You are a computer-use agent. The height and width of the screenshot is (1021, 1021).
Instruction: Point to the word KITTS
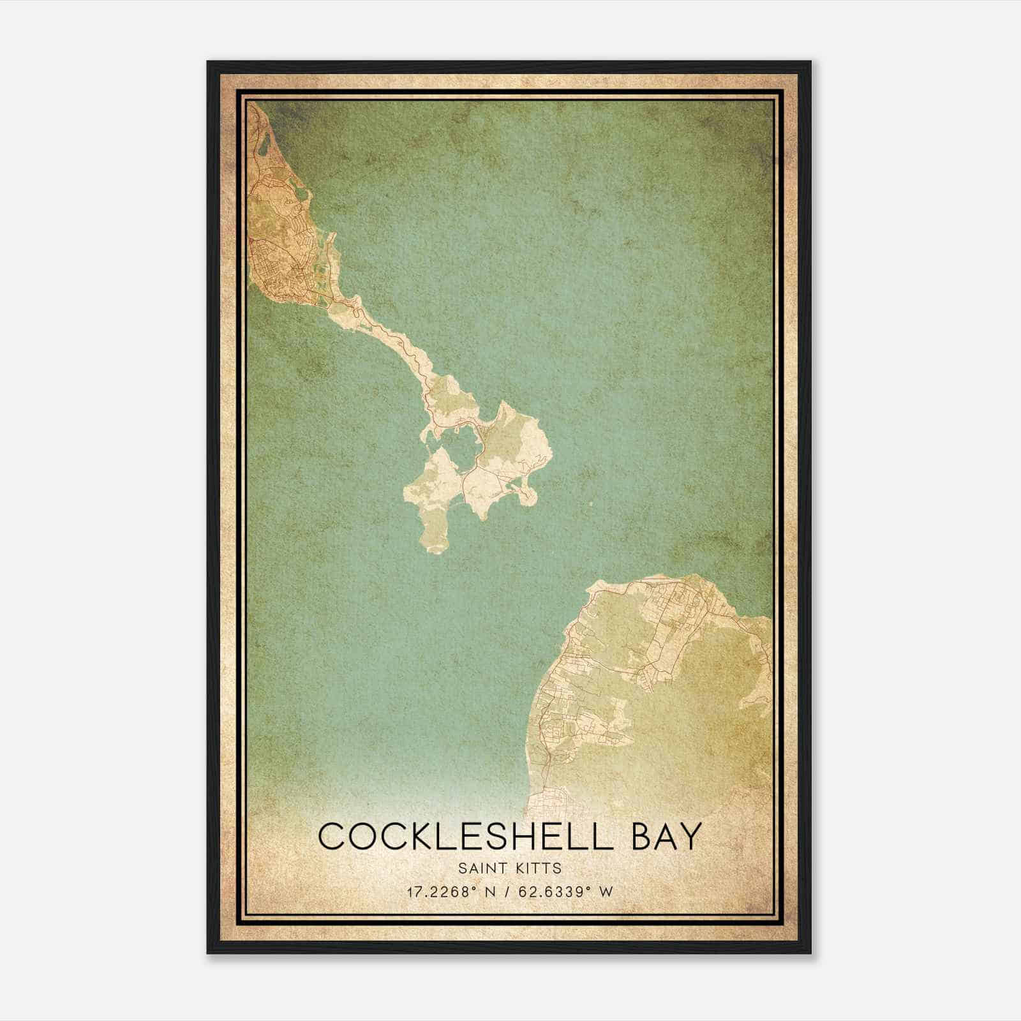point(540,868)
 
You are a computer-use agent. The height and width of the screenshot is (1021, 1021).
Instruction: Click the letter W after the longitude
point(606,891)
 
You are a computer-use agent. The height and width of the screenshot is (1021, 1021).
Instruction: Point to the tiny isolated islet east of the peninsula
point(590,503)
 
